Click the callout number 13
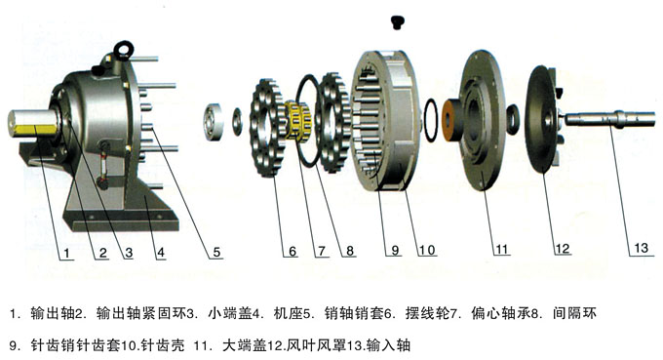point(641,248)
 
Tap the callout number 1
point(67,253)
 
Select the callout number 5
point(216,252)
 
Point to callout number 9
point(395,250)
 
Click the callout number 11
point(501,249)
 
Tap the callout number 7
point(322,251)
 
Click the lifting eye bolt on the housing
point(124,49)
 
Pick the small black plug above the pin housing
point(396,22)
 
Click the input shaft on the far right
point(608,119)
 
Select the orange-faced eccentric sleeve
point(452,121)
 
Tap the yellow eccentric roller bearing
point(297,120)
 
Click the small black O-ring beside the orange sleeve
point(431,121)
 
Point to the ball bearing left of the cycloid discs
point(214,121)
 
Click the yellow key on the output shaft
point(35,130)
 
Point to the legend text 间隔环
point(574,313)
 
